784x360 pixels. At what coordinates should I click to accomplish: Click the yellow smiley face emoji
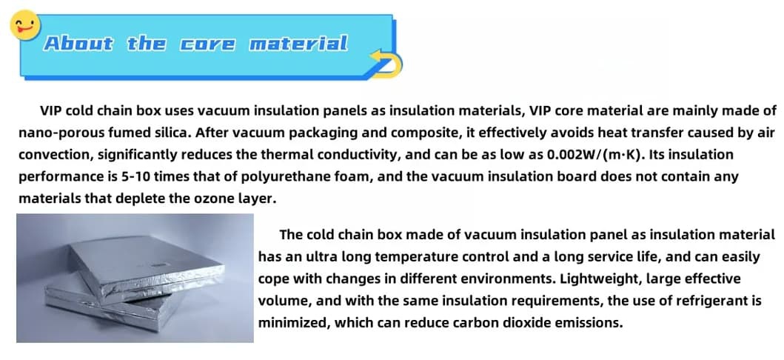coord(25,25)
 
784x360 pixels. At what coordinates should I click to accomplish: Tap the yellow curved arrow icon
coord(386,63)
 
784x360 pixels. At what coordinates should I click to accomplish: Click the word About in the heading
coord(78,44)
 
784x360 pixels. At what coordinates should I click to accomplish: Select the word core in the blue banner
coord(207,44)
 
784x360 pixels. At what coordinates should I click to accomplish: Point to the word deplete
coord(141,199)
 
